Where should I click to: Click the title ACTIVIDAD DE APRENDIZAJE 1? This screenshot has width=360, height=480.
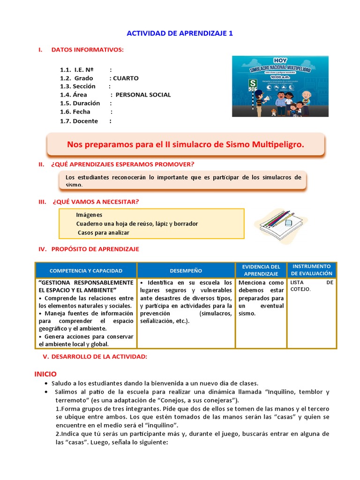[x=180, y=34]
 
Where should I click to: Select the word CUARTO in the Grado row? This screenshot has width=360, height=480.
[x=126, y=78]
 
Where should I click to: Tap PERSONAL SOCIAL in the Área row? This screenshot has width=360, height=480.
[x=143, y=95]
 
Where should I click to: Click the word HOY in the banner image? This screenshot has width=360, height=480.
[x=280, y=60]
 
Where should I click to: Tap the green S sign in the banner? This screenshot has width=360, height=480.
[x=253, y=83]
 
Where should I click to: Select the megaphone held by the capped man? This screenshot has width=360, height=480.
[x=267, y=99]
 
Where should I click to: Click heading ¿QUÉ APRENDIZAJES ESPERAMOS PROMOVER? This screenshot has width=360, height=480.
[x=122, y=164]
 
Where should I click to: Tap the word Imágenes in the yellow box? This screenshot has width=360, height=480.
[x=89, y=215]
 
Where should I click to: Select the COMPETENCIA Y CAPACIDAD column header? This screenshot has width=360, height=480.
[x=86, y=270]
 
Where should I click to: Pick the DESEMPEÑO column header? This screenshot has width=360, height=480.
[x=186, y=270]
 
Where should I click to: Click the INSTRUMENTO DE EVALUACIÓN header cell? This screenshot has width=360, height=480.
[x=311, y=270]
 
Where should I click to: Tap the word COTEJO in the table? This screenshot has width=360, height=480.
[x=300, y=289]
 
